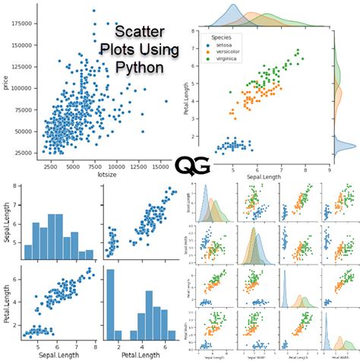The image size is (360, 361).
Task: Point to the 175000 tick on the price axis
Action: click(21, 24)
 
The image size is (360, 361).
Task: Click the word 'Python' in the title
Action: click(136, 67)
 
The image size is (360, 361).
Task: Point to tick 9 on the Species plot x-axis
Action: click(328, 171)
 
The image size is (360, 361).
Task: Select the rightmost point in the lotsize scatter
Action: click(166, 100)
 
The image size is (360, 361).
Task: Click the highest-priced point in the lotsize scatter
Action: click(93, 11)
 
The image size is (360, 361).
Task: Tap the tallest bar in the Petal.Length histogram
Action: click(110, 303)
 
